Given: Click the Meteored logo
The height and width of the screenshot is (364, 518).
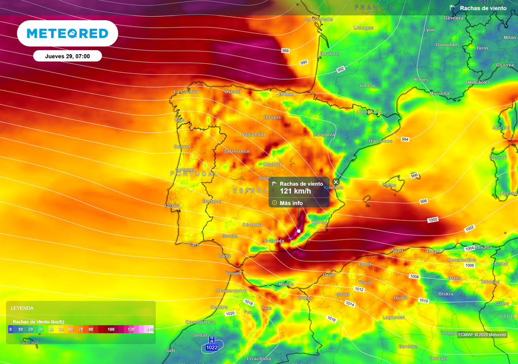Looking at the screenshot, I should click(67, 33).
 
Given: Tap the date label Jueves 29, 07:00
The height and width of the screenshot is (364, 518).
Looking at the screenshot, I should click(67, 56).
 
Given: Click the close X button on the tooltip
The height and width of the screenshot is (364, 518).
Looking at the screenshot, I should click(336, 182).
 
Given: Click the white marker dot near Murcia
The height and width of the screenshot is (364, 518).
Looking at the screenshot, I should click(299, 231).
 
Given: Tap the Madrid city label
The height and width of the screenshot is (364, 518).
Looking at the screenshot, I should click(272, 164).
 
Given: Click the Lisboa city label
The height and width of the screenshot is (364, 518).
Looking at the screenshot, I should click(172, 206).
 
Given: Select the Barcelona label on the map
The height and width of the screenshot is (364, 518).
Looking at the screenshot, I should click(380, 141).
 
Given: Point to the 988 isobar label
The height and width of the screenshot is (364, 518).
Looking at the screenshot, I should click(286, 51).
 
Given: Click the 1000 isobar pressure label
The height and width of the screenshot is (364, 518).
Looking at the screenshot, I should click(433, 220).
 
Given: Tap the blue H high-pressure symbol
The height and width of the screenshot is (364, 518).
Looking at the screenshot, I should click(212, 340).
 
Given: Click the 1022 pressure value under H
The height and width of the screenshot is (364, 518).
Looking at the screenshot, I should click(212, 347).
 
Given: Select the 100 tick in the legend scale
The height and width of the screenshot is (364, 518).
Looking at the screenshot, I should click(111, 329).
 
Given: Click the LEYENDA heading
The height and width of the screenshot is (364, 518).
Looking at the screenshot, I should click(22, 308).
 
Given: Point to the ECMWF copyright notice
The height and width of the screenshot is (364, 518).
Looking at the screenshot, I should click(482, 335).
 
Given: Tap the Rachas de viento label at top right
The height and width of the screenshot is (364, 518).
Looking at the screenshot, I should click(482, 8).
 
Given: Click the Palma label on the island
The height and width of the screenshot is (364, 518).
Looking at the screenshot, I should click(390, 185).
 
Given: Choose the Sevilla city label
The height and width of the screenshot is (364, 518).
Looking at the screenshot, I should click(230, 236).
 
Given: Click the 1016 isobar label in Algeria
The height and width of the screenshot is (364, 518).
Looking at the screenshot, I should click(332, 319).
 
